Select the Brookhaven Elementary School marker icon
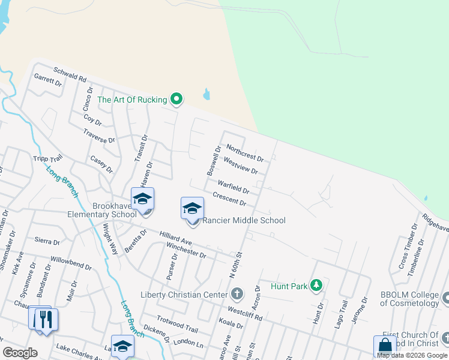click(x=143, y=199)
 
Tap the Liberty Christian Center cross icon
click(x=237, y=294)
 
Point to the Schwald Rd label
click(x=70, y=74)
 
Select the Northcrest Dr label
click(x=245, y=153)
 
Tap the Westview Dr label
click(x=240, y=166)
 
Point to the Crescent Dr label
click(x=230, y=200)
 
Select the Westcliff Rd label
click(x=246, y=312)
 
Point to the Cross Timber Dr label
click(x=408, y=246)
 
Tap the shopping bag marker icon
click(x=385, y=346)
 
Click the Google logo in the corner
click(x=20, y=352)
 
